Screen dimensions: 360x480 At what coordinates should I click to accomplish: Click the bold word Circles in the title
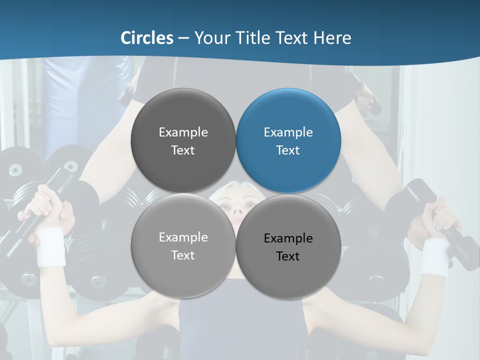click(x=146, y=38)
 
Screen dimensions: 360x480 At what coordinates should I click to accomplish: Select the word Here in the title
click(x=332, y=38)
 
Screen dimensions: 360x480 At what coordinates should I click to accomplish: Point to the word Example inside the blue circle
click(x=288, y=132)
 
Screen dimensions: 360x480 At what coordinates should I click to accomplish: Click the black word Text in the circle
click(x=288, y=256)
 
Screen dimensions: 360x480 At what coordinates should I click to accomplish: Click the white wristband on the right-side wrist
click(x=434, y=256)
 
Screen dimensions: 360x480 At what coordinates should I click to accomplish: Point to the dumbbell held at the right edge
click(x=440, y=220)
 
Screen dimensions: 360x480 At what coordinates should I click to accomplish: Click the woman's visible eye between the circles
click(x=224, y=205)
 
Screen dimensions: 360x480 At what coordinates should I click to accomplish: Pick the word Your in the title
click(x=210, y=38)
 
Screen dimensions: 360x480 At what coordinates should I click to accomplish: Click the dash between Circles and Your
click(x=183, y=38)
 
